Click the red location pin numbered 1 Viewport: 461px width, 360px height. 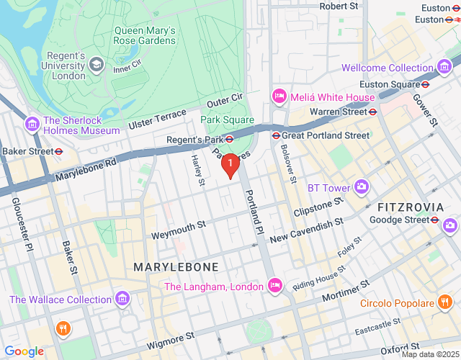230,165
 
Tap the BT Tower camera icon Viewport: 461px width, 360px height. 362,187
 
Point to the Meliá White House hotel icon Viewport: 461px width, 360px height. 278,96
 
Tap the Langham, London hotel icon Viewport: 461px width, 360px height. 274,287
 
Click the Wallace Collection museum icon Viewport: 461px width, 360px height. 122,299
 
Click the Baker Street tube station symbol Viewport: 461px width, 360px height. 59,151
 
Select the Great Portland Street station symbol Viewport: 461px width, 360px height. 275,135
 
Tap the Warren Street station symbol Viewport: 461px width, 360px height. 372,112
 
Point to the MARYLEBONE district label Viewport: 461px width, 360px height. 176,267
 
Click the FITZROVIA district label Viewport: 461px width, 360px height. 411,207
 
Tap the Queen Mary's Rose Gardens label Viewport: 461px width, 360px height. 145,36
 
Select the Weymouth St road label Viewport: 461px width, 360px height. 178,230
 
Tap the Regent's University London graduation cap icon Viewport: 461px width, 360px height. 96,65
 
